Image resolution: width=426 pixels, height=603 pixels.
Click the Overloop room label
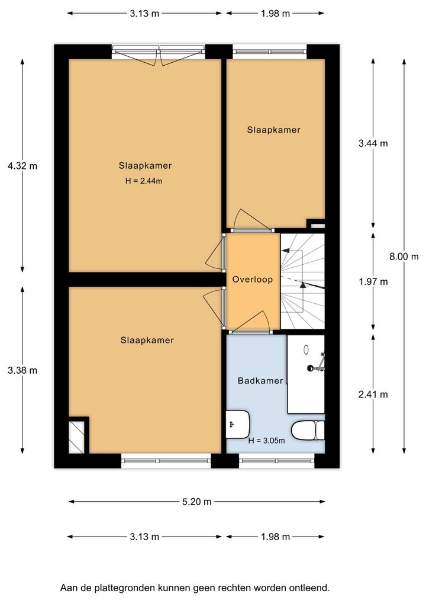click(x=253, y=280)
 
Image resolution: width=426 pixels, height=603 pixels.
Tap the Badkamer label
click(x=260, y=381)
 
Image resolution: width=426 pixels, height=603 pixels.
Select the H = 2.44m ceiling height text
click(x=144, y=181)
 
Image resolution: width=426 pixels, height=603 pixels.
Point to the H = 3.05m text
click(x=267, y=441)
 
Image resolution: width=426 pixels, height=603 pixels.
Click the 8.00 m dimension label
click(x=404, y=256)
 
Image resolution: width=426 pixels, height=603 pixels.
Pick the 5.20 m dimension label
click(x=196, y=502)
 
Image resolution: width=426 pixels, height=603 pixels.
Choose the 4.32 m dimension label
click(x=22, y=166)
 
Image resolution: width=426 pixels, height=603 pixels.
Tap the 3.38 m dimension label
click(x=22, y=370)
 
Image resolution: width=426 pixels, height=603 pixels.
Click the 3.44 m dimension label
click(x=373, y=143)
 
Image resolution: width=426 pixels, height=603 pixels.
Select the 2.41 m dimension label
click(x=373, y=394)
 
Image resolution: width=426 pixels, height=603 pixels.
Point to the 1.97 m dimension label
click(x=373, y=282)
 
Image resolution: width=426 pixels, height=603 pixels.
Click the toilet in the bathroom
click(x=308, y=430)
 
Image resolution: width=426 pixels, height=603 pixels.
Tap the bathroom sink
click(x=237, y=424)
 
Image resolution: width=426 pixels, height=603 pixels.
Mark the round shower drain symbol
click(x=306, y=349)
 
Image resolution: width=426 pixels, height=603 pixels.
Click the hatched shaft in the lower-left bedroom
click(x=76, y=437)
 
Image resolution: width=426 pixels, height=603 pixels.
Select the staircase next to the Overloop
click(x=303, y=281)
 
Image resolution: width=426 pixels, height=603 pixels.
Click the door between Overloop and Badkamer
click(x=250, y=322)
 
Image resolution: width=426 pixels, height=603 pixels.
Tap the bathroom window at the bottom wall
click(x=276, y=460)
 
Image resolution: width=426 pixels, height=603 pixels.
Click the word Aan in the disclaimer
click(x=68, y=588)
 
